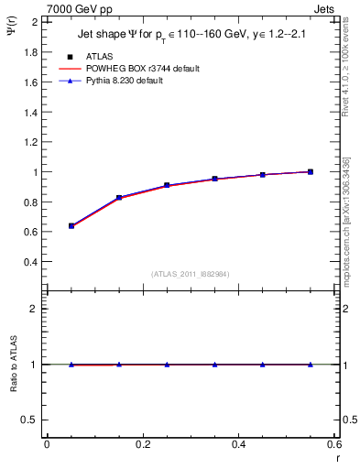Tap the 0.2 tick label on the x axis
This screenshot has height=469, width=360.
[x=142, y=444]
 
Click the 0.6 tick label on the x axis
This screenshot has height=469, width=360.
[x=334, y=444]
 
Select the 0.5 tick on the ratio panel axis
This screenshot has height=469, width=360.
[x=31, y=420]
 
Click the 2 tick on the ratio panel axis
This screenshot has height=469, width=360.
[x=36, y=309]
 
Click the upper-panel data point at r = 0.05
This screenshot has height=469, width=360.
[x=71, y=225]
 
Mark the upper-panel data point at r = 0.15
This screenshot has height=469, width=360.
[x=119, y=198]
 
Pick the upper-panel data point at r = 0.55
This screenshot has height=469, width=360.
[x=311, y=171]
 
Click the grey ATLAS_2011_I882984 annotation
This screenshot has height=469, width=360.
[x=191, y=274]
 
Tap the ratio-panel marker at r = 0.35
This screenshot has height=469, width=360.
[x=214, y=365]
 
